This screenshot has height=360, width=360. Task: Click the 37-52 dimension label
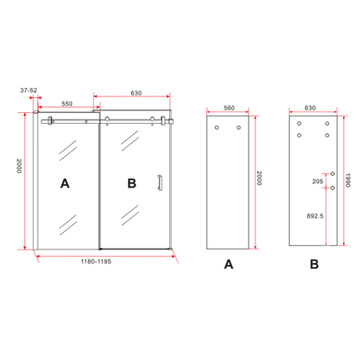tap(28, 90)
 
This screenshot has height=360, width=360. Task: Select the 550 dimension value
tap(67, 104)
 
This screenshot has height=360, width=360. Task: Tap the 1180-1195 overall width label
tap(96, 261)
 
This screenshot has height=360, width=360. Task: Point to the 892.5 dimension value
tap(315, 216)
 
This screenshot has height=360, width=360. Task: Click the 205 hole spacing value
tap(318, 182)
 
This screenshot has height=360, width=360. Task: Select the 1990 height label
tap(347, 180)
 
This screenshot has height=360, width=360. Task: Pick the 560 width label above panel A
tap(229, 108)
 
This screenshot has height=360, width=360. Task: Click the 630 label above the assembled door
tap(136, 93)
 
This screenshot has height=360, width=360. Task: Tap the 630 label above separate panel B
tap(310, 108)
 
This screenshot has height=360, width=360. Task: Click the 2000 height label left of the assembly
tap(18, 166)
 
